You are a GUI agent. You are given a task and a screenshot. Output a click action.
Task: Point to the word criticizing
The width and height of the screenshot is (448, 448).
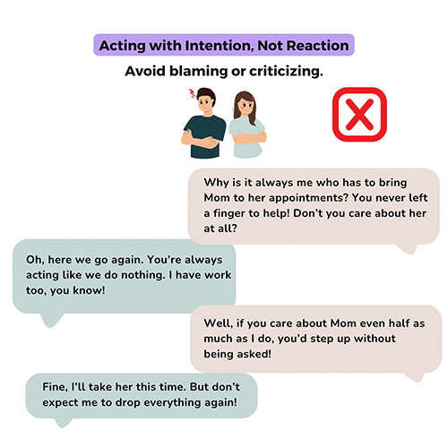[284, 70]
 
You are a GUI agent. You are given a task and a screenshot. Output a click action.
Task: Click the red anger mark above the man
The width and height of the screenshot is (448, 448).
[190, 93]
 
